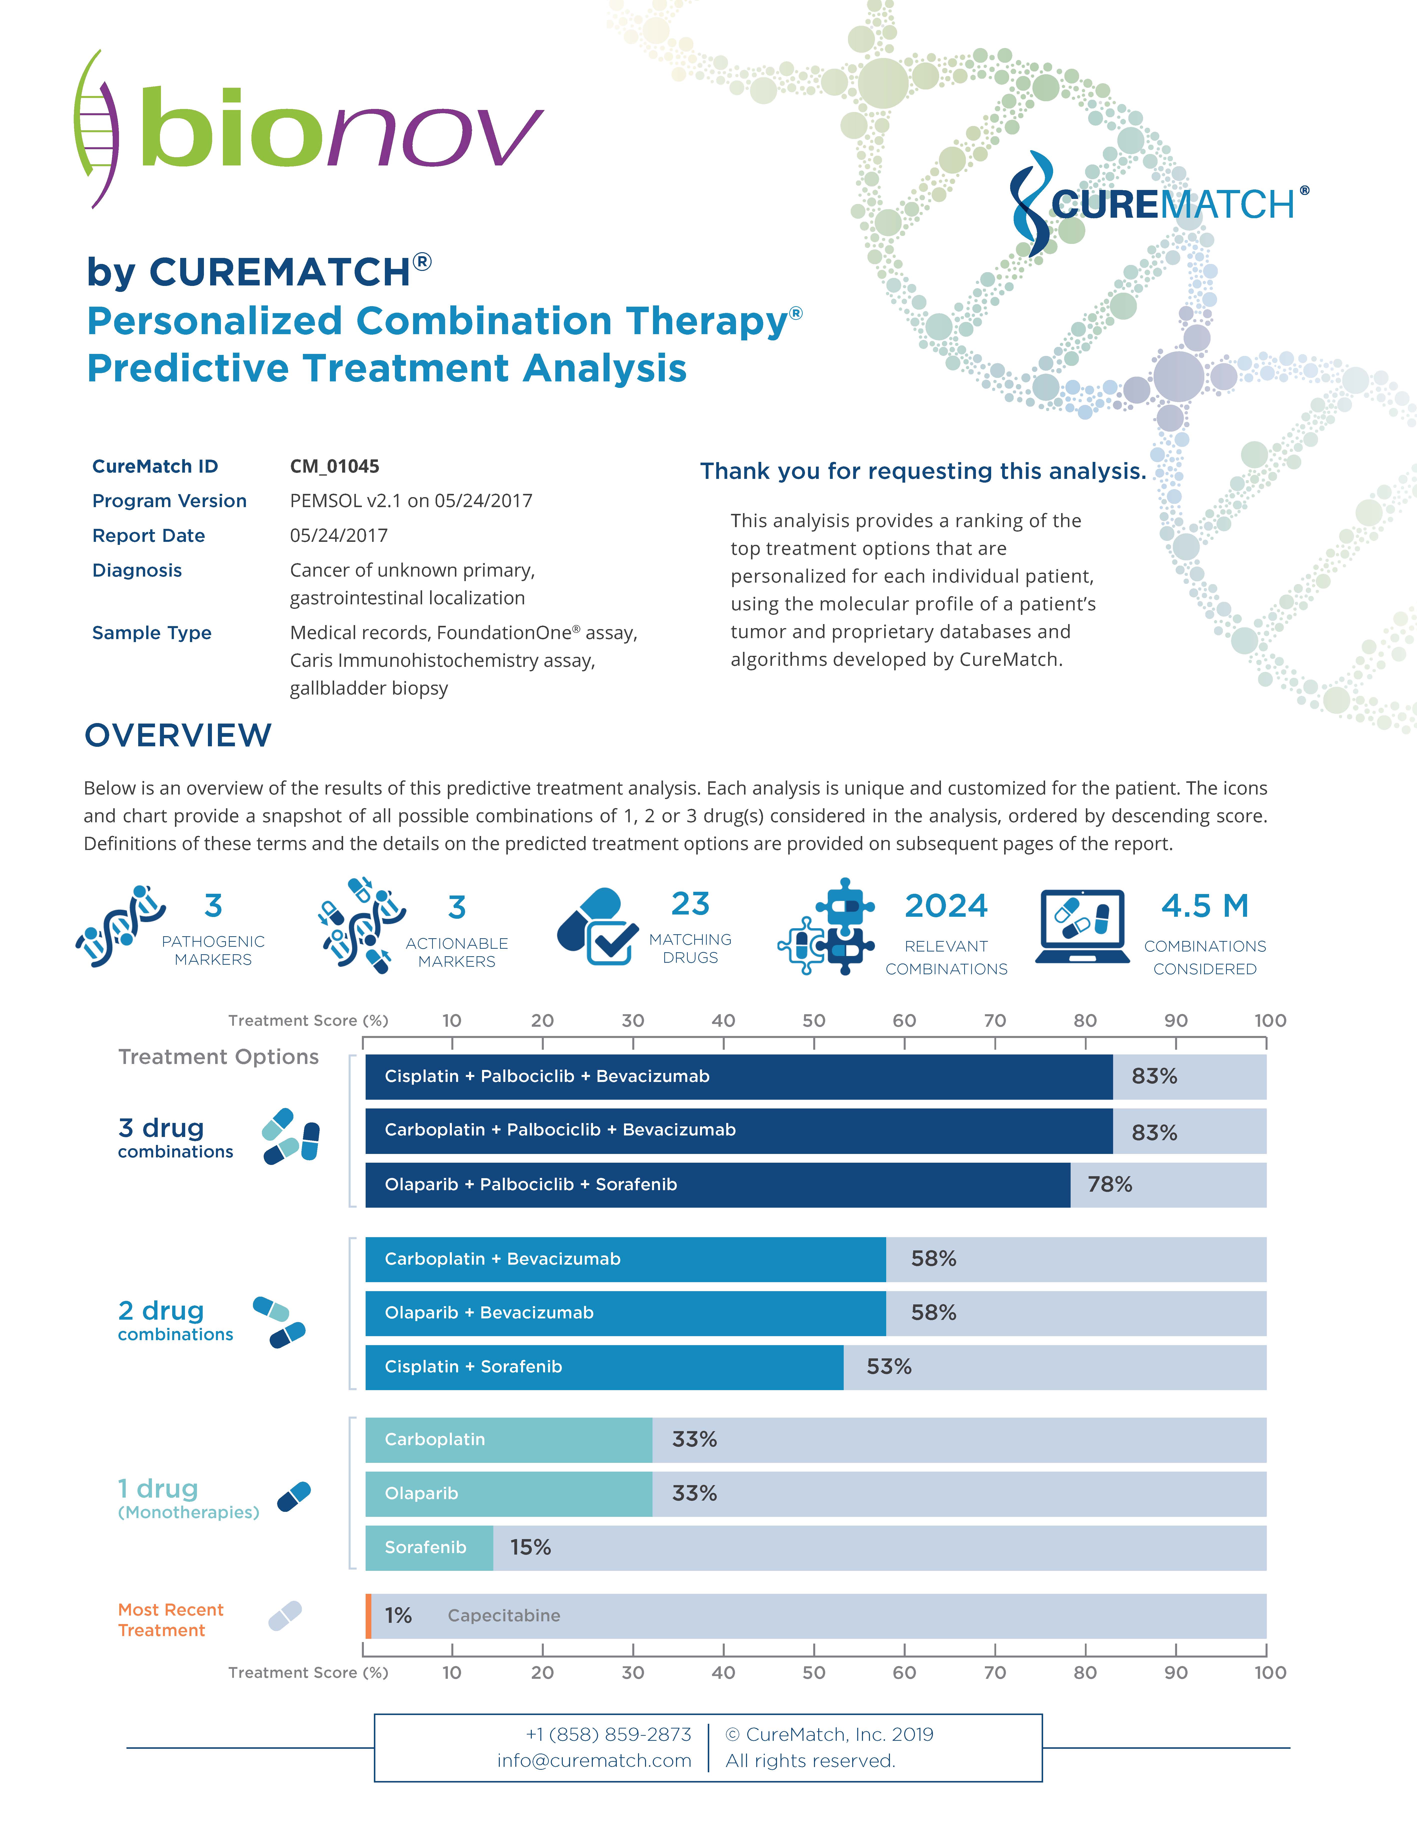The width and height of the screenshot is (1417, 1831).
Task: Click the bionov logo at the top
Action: point(310,130)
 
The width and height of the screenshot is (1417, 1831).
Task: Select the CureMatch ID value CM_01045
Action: point(335,466)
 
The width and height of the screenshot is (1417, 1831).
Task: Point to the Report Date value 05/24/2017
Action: point(339,535)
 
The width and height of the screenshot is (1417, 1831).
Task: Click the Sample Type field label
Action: point(152,633)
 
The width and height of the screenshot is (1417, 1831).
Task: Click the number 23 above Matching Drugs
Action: point(690,904)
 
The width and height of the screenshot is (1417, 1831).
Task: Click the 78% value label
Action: point(1109,1185)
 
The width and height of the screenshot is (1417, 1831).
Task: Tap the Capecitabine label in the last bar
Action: point(504,1616)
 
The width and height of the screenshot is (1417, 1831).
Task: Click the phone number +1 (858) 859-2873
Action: point(608,1734)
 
